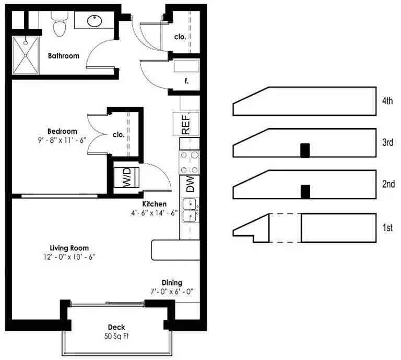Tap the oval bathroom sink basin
95,21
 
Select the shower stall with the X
26,55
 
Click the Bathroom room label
64,56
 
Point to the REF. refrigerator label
186,124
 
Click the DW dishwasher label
190,184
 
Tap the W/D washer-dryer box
126,177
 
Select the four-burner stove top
189,162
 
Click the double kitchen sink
191,210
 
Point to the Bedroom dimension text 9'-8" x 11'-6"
62,140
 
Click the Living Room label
69,248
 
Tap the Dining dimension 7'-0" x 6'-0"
172,292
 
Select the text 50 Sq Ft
116,336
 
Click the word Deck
116,327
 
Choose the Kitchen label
154,204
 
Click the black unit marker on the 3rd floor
305,150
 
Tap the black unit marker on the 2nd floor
305,192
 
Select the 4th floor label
387,101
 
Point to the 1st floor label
387,227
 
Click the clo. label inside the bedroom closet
119,135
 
